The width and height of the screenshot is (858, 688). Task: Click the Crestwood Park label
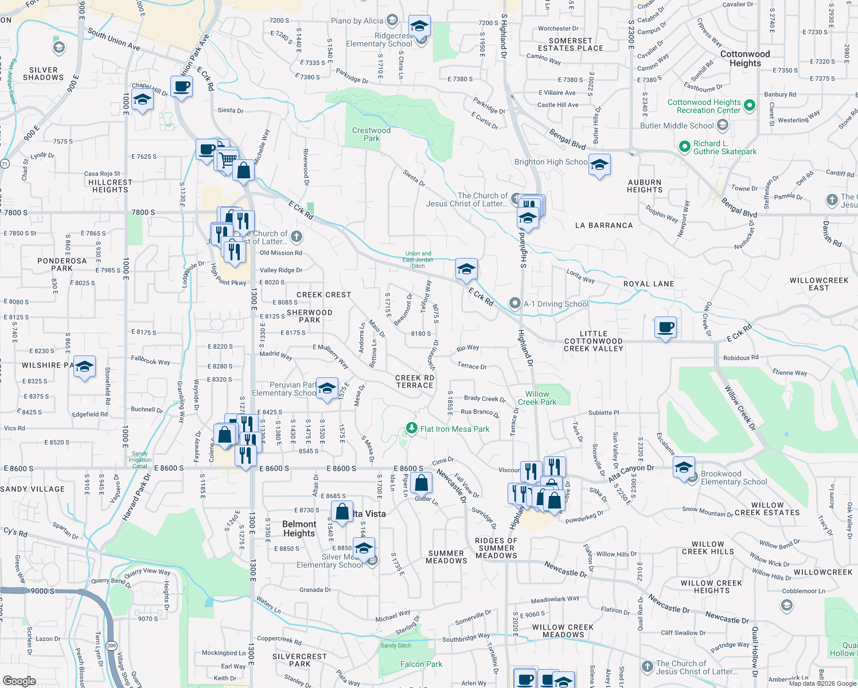pos(371,134)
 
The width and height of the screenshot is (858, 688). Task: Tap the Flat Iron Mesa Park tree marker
pos(411,428)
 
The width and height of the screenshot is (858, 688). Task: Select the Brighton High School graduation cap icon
pos(599,165)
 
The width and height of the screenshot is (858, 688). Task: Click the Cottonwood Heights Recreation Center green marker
pos(750,105)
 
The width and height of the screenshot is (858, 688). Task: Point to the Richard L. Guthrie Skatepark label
pos(725,148)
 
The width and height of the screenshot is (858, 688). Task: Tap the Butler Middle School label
pos(677,126)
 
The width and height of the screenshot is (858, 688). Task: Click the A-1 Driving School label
pos(556,304)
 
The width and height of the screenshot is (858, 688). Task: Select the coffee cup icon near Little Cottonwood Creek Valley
pos(665,327)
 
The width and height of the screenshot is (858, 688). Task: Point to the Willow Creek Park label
pos(537,398)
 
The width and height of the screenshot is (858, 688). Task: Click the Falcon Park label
pos(421,664)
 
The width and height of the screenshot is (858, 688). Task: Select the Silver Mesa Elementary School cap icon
pos(364,549)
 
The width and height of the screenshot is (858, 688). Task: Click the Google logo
pos(19,681)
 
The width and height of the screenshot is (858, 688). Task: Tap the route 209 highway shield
pos(111,629)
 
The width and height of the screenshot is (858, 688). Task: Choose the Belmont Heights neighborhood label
pos(299,529)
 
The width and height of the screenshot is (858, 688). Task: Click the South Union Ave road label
pos(114,39)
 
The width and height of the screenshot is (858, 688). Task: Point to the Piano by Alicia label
pos(357,21)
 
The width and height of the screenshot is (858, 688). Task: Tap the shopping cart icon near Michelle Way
pos(228,158)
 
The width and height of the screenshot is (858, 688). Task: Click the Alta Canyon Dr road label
pos(631,473)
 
